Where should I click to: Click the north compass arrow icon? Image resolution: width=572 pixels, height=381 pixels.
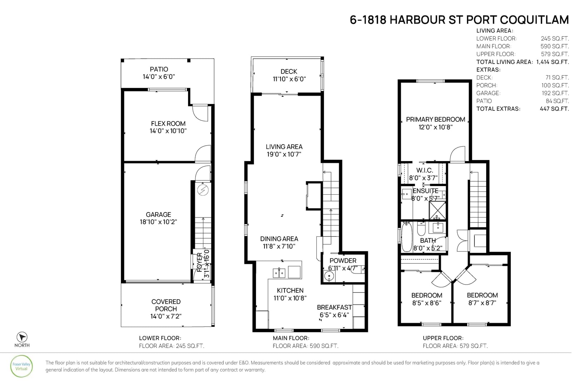click(x=22, y=337)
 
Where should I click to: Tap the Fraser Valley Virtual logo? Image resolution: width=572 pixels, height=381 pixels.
click(x=21, y=366)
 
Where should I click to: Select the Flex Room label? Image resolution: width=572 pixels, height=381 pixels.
click(x=168, y=124)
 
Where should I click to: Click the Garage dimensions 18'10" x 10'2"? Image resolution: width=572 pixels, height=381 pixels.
click(x=158, y=222)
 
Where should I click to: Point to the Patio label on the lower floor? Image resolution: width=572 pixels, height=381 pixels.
click(x=159, y=69)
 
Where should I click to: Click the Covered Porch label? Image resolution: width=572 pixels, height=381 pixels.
click(x=166, y=305)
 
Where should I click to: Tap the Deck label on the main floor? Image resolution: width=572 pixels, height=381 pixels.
click(x=289, y=72)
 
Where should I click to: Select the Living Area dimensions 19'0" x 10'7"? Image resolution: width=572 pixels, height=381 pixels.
click(x=284, y=154)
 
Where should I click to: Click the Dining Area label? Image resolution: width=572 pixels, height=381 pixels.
click(x=279, y=239)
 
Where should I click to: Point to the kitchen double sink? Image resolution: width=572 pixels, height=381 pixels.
click(x=279, y=273)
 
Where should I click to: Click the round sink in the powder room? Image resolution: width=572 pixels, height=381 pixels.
click(x=329, y=276)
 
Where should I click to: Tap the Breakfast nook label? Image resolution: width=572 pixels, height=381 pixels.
click(x=334, y=307)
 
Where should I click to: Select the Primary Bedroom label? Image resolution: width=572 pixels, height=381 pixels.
click(x=435, y=120)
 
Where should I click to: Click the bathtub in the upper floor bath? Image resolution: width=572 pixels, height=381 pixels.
click(x=407, y=237)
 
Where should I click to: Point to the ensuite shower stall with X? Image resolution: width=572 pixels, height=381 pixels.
click(x=438, y=210)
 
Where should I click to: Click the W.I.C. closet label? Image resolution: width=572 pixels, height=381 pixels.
click(x=425, y=170)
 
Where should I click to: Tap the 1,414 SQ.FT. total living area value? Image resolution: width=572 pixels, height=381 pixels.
click(x=553, y=62)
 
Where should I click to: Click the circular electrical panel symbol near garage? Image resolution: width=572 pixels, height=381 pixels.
click(x=203, y=190)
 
